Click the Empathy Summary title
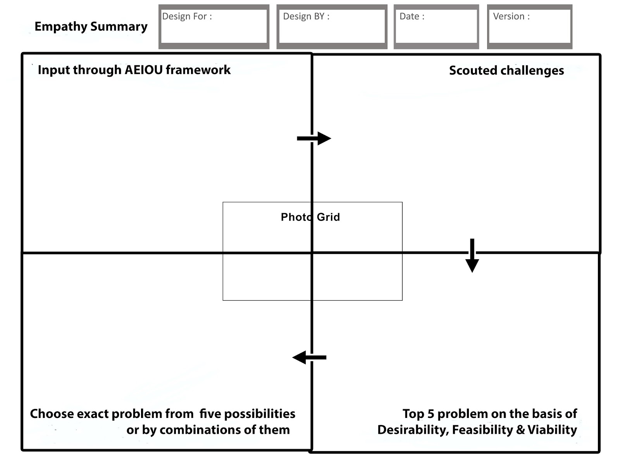click(x=91, y=26)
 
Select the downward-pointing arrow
click(x=472, y=256)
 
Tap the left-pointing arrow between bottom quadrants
click(x=309, y=357)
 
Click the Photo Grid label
click(x=310, y=217)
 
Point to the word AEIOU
click(x=144, y=70)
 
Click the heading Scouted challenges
click(x=506, y=70)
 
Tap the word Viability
click(x=552, y=430)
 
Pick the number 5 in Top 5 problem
click(x=431, y=414)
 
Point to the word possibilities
click(x=260, y=414)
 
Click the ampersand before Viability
click(x=520, y=430)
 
